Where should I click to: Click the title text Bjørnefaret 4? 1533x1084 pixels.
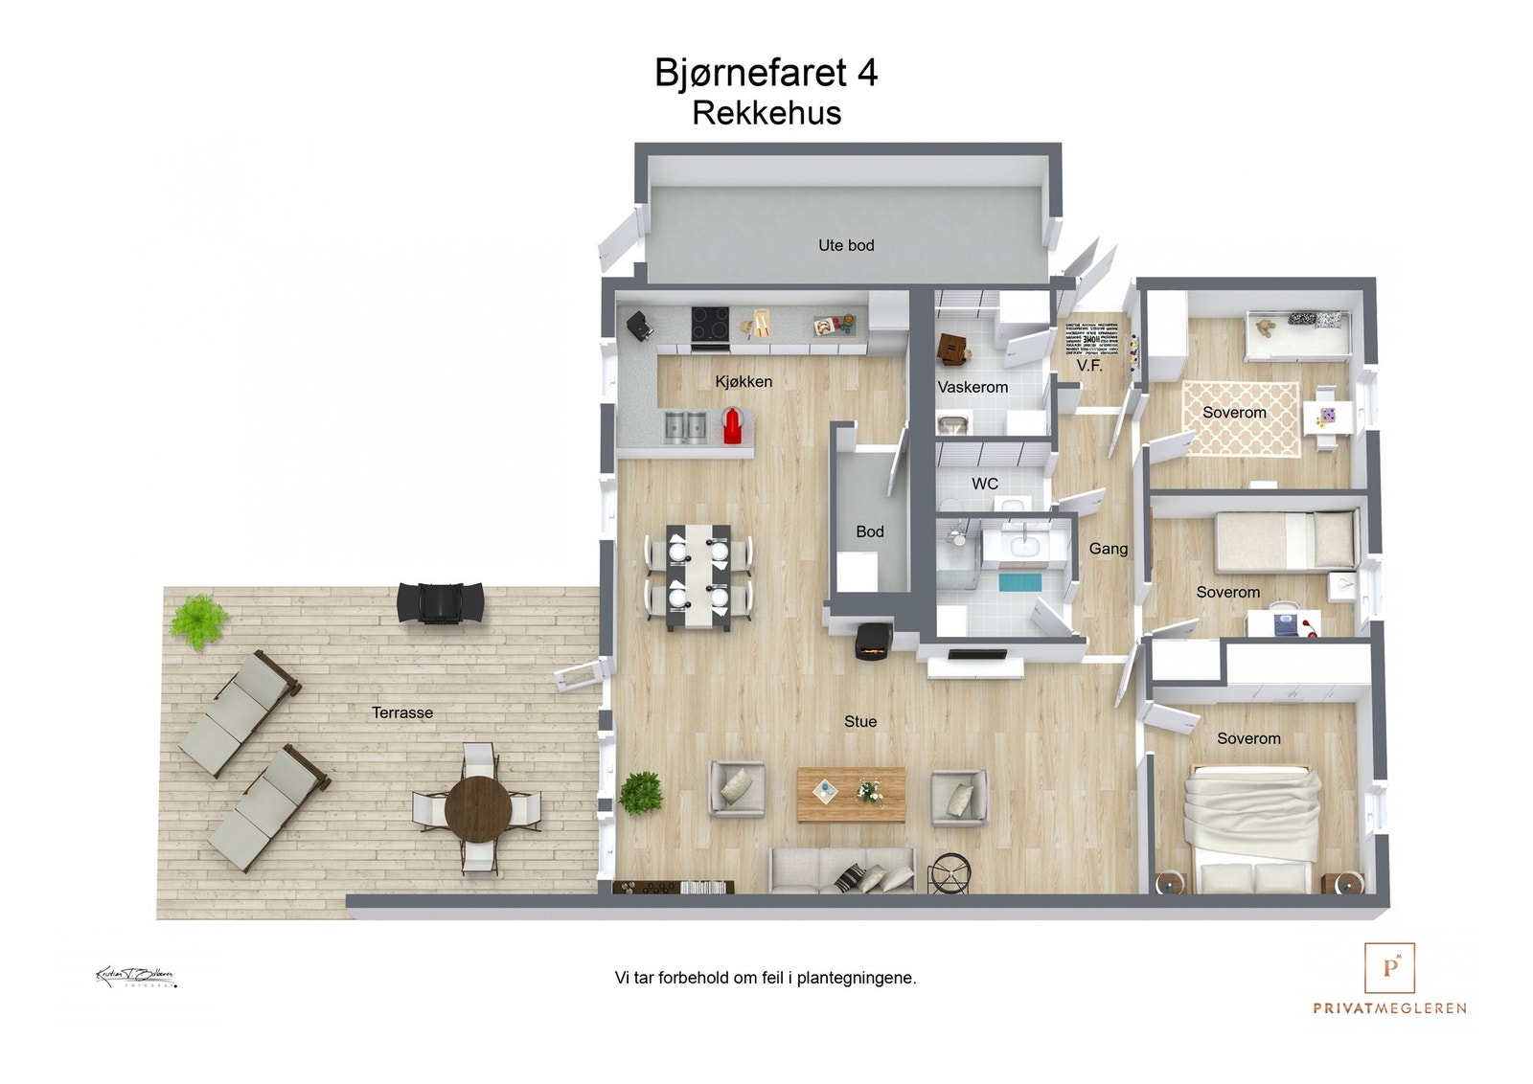point(766,73)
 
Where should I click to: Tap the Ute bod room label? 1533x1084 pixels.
point(846,245)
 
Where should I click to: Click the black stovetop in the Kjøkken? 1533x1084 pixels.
point(710,323)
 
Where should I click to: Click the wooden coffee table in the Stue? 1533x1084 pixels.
point(851,794)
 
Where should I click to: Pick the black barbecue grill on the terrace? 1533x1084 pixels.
point(441,603)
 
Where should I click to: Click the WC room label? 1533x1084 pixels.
point(985,484)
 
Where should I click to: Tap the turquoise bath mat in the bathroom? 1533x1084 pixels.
point(1020,582)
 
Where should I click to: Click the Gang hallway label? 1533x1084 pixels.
point(1108,549)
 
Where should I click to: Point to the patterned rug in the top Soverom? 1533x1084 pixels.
point(1241,419)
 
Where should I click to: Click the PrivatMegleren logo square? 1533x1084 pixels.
point(1389,968)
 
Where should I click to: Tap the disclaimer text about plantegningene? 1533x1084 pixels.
point(766,978)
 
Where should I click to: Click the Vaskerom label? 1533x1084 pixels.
point(972,387)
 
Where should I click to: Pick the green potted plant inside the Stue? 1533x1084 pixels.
point(641,793)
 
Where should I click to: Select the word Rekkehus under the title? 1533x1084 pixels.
point(766,113)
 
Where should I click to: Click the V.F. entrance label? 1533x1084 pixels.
point(1089,366)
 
